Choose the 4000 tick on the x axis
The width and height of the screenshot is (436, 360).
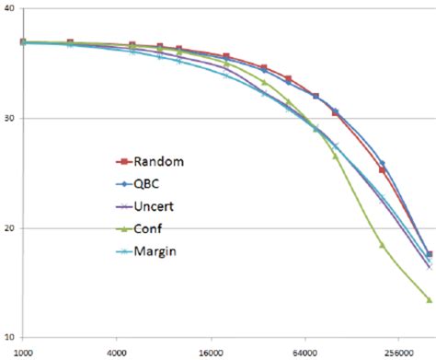point(117,352)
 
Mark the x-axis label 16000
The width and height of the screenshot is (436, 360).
point(211,352)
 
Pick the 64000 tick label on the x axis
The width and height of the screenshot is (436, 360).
point(304,352)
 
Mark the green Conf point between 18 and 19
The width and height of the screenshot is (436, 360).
point(382,244)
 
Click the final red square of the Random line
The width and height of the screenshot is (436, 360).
point(430,254)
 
